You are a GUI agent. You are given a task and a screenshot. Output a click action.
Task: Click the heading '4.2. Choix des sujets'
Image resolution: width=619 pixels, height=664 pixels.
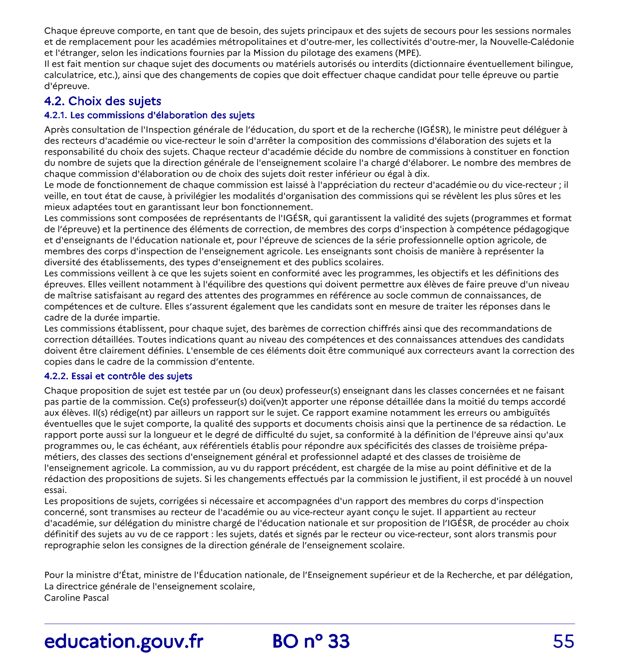click(x=102, y=101)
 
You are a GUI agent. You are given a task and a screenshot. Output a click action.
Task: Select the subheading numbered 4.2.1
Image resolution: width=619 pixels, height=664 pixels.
click(x=149, y=115)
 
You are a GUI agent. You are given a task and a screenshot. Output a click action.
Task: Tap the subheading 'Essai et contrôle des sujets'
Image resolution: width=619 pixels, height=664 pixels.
click(x=118, y=376)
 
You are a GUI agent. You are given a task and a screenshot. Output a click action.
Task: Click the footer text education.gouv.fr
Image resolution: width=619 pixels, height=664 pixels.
click(x=124, y=642)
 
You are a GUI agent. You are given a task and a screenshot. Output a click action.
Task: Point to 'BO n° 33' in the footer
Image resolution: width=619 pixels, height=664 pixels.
click(x=311, y=642)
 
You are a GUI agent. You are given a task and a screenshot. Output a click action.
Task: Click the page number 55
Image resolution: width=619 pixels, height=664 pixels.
click(x=564, y=642)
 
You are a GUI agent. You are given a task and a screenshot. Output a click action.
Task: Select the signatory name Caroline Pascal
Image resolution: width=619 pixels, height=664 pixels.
click(x=76, y=598)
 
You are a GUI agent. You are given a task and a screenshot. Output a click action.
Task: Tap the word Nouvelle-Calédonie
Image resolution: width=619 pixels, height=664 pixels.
click(x=532, y=42)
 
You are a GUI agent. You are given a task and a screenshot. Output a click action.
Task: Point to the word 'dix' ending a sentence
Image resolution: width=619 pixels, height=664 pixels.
click(x=421, y=174)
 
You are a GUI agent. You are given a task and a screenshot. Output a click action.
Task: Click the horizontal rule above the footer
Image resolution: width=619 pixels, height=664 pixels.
click(x=309, y=624)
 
